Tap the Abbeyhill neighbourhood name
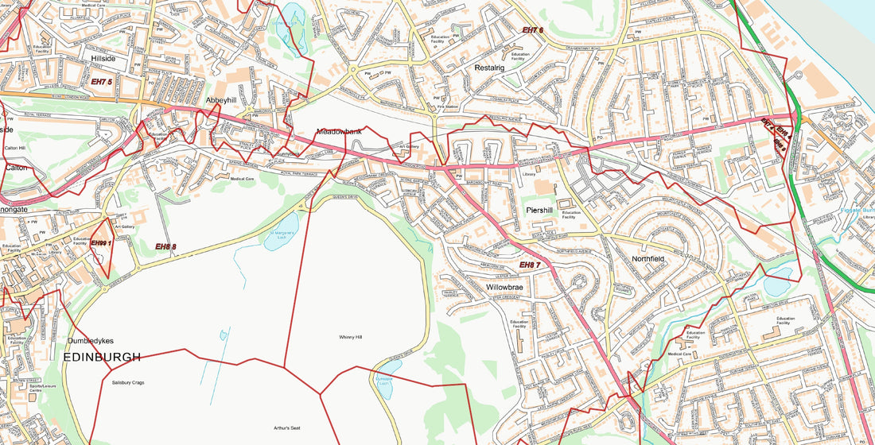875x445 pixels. [x=221, y=101]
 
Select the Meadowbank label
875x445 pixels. [x=339, y=131]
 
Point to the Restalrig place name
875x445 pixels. [x=489, y=68]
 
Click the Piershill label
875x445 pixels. [x=544, y=210]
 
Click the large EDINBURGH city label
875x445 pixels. [x=101, y=358]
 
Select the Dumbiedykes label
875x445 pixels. [x=92, y=341]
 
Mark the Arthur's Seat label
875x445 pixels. [x=287, y=428]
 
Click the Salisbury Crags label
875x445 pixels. [x=127, y=382]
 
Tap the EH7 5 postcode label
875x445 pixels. [x=101, y=82]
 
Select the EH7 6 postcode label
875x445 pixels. [x=532, y=30]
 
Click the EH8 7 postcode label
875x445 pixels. [x=530, y=265]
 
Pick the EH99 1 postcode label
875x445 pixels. [x=100, y=243]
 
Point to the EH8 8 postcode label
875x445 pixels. [x=165, y=247]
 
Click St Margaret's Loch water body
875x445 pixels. [x=282, y=234]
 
